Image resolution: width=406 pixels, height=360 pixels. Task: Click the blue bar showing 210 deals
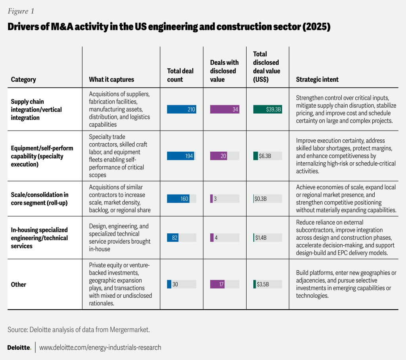(x=182, y=110)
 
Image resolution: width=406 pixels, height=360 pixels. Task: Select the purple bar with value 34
(x=224, y=110)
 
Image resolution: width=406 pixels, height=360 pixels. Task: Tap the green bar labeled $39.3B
(x=268, y=110)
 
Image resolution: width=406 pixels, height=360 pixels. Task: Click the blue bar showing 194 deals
(x=180, y=156)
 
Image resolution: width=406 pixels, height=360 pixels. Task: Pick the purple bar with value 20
(x=218, y=156)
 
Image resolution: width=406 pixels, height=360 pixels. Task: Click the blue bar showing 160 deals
(x=178, y=198)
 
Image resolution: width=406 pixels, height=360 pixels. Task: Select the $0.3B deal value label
(x=261, y=198)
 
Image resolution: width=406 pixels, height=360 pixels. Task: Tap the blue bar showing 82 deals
(x=172, y=238)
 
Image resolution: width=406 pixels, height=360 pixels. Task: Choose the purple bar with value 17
(x=217, y=284)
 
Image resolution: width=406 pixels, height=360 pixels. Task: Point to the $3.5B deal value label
(x=262, y=284)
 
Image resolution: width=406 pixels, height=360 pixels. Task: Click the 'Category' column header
(x=23, y=79)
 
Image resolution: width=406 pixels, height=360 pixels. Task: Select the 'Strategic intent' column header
(x=317, y=79)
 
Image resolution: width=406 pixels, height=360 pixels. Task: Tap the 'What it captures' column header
(x=111, y=79)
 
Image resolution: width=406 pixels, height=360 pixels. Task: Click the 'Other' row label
(x=19, y=284)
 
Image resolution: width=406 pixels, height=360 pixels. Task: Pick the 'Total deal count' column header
(x=180, y=75)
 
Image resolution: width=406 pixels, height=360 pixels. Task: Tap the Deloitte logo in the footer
(x=19, y=347)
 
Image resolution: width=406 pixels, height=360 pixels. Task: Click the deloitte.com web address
(x=100, y=347)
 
